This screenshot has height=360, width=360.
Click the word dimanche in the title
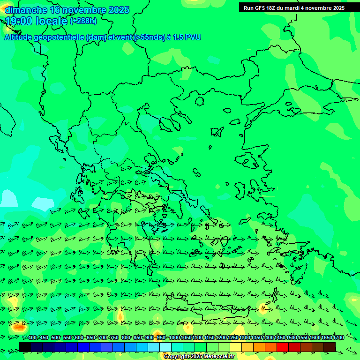(x=26, y=10)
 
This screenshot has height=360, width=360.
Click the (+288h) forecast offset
(x=84, y=21)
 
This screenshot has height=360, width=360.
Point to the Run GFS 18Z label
(x=260, y=8)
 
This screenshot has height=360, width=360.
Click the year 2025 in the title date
(x=119, y=10)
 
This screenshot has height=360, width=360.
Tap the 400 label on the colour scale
(x=32, y=338)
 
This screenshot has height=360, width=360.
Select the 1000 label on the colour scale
(x=174, y=338)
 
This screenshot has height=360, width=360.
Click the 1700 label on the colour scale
(x=338, y=338)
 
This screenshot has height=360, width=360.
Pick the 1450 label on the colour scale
(x=280, y=338)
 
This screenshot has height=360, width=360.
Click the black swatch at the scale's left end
(x=25, y=347)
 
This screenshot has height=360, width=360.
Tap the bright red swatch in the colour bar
(x=283, y=347)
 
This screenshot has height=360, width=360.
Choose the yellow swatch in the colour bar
(x=236, y=347)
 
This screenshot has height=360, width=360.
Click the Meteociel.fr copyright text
(x=199, y=357)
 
